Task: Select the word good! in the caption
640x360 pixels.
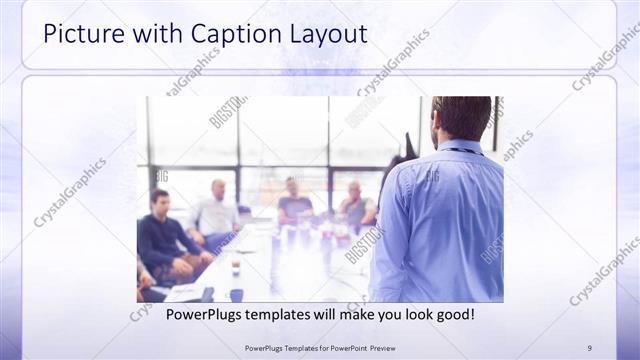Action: click(x=453, y=314)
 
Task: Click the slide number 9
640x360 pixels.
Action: click(x=589, y=347)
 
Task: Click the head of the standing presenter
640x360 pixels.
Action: click(x=462, y=116)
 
